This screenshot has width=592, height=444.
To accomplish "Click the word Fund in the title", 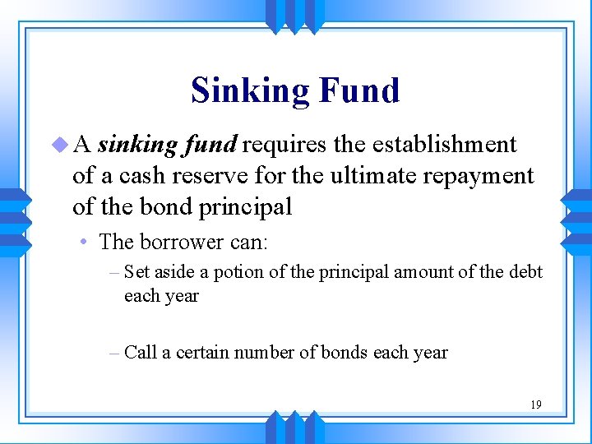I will pyautogui.click(x=358, y=90).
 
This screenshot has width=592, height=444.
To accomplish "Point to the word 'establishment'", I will pyautogui.click(x=444, y=145).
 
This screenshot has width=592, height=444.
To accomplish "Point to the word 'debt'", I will pyautogui.click(x=525, y=272).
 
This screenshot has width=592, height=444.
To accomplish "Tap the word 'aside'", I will pyautogui.click(x=173, y=272).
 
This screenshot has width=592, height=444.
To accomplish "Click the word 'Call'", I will pyautogui.click(x=140, y=353).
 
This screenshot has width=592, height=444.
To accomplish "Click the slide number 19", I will pyautogui.click(x=535, y=405).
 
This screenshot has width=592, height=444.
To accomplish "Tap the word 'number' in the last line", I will pyautogui.click(x=264, y=353).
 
